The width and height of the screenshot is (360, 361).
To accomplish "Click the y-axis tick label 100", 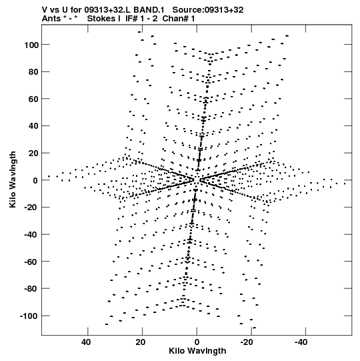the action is pyautogui.click(x=31, y=45).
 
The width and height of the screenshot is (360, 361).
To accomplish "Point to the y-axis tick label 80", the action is pyautogui.click(x=33, y=72).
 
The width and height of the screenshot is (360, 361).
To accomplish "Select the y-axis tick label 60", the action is pyautogui.click(x=33, y=99).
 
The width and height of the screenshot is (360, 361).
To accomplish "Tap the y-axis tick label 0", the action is pyautogui.click(x=35, y=180).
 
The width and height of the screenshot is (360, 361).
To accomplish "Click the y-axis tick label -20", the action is pyautogui.click(x=31, y=208).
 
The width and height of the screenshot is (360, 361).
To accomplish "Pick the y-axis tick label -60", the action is pyautogui.click(x=31, y=262).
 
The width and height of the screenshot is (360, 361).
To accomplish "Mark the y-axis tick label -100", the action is pyautogui.click(x=29, y=316).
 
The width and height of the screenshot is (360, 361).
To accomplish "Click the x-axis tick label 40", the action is pyautogui.click(x=86, y=342).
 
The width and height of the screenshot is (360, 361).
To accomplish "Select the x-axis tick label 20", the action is pyautogui.click(x=141, y=342).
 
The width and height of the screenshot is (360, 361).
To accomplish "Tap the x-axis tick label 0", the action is pyautogui.click(x=197, y=342).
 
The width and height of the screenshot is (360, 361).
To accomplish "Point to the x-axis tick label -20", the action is pyautogui.click(x=247, y=342).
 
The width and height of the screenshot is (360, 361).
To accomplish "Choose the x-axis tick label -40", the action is pyautogui.click(x=301, y=342).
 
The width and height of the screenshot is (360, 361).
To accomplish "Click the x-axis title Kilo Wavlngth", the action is pyautogui.click(x=197, y=351).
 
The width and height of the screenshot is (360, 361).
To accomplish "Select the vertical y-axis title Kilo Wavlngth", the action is pyautogui.click(x=13, y=179).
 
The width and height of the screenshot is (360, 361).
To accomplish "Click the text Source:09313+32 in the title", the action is pyautogui.click(x=208, y=10).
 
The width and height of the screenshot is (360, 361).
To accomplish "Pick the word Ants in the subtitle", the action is pyautogui.click(x=51, y=19).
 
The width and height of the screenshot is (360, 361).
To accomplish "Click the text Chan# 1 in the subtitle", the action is pyautogui.click(x=179, y=19).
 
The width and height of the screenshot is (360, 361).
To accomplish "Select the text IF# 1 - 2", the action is pyautogui.click(x=141, y=19).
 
